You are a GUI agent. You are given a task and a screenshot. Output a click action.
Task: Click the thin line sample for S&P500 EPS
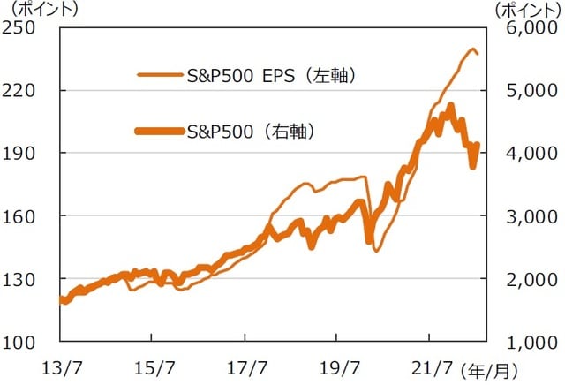tap(161, 76)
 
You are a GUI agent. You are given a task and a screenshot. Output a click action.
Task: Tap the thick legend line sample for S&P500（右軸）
tap(161, 131)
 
